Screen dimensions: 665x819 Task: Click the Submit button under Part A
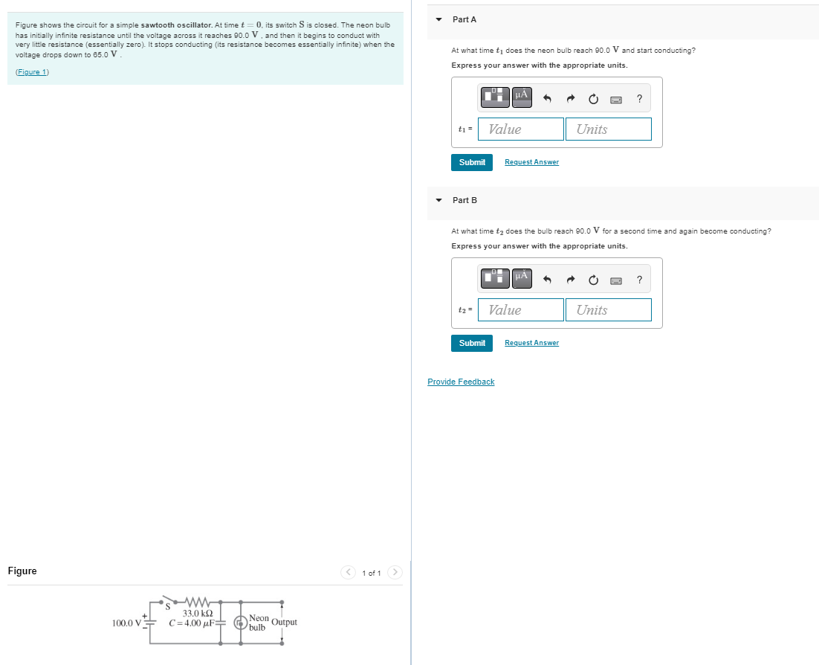[471, 162]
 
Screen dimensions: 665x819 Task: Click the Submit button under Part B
[471, 343]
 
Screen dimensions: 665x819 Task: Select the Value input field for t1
[520, 129]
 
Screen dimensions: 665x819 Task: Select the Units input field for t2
[608, 310]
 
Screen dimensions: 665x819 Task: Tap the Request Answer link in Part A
[531, 162]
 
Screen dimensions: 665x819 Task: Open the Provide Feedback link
[461, 382]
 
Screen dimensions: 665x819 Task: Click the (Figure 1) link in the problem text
[32, 71]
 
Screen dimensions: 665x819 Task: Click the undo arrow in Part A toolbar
[547, 98]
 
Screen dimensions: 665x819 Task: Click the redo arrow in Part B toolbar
[571, 280]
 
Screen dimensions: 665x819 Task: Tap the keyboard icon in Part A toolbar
[616, 99]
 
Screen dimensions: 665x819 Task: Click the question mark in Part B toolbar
[639, 280]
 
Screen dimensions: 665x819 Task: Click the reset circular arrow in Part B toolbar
[593, 280]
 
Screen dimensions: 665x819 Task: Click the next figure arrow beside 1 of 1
[395, 572]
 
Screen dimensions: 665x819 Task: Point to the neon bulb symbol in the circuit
[240, 623]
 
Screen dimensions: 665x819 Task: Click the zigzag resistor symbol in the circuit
[198, 601]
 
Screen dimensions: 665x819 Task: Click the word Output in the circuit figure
[285, 622]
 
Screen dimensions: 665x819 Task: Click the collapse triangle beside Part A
[438, 19]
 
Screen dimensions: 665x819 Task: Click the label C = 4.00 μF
[190, 623]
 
